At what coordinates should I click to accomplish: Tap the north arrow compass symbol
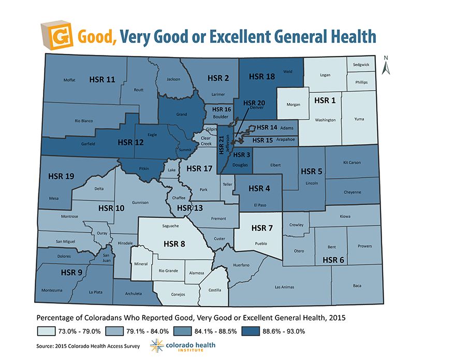[x=385, y=65]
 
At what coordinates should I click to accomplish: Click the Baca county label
[x=357, y=285]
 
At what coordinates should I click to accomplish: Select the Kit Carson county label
[x=352, y=163]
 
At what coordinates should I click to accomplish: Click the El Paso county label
[x=259, y=205]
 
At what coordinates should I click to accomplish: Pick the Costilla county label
[x=214, y=290]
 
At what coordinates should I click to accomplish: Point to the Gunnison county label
[x=140, y=203]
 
